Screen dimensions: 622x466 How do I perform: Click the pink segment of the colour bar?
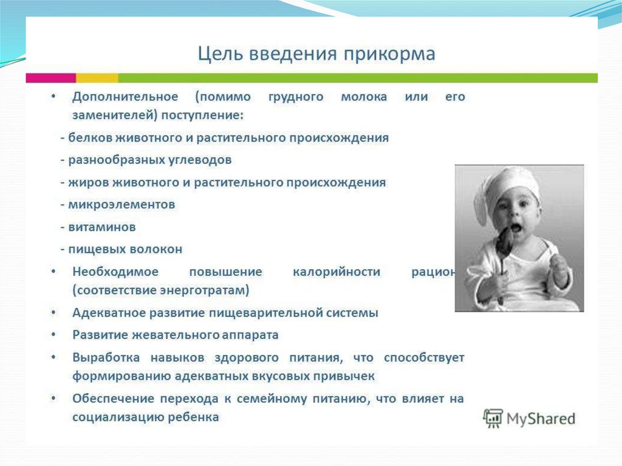pyautogui.click(x=51, y=78)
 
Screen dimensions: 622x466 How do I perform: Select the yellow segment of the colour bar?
pyautogui.click(x=97, y=78)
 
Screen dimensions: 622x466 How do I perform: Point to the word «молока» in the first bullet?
pyautogui.click(x=364, y=97)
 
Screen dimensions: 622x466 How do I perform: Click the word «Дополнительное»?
pyautogui.click(x=125, y=97)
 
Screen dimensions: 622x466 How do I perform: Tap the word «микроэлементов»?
pyautogui.click(x=121, y=205)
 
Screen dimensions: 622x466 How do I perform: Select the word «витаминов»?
pyautogui.click(x=102, y=227)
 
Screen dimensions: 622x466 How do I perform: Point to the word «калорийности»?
pyautogui.click(x=337, y=272)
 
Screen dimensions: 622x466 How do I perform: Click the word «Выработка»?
pyautogui.click(x=106, y=358)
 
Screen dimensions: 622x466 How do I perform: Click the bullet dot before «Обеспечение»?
pyautogui.click(x=53, y=398)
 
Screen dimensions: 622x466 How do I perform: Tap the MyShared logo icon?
pyautogui.click(x=493, y=419)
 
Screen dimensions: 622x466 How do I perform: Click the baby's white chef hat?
pyautogui.click(x=507, y=187)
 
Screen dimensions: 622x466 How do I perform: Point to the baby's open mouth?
pyautogui.click(x=515, y=228)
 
